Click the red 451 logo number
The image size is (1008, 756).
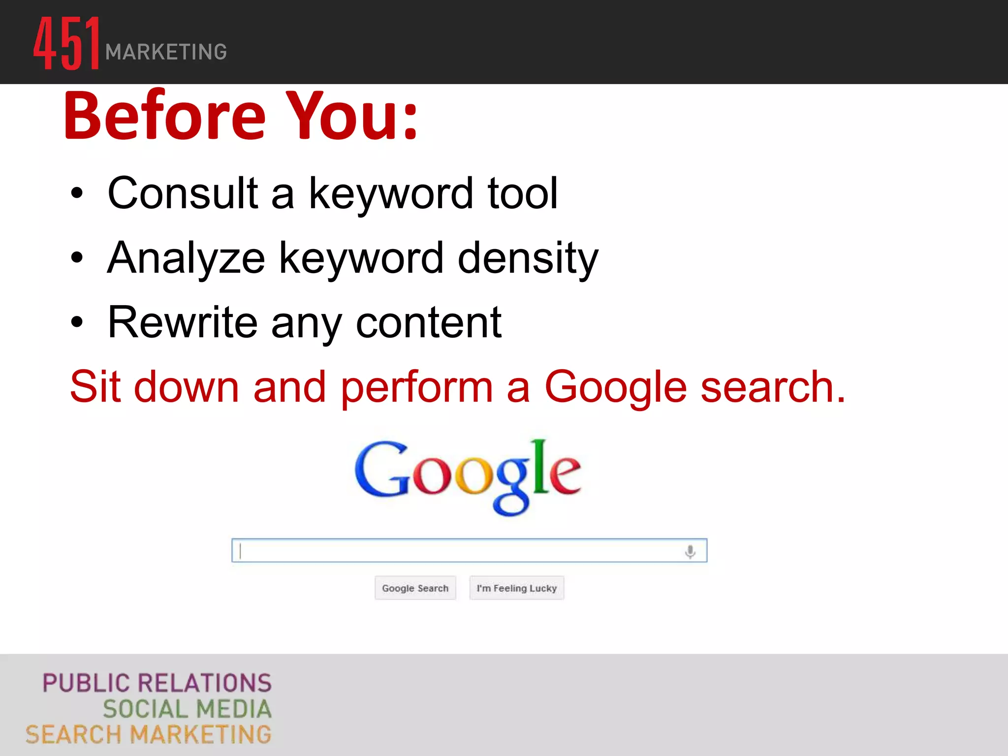pyautogui.click(x=66, y=43)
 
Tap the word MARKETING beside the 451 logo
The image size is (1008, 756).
pyautogui.click(x=166, y=52)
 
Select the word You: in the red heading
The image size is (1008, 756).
pyautogui.click(x=352, y=116)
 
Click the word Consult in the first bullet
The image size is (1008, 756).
pyautogui.click(x=183, y=193)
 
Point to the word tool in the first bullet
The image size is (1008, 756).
pyautogui.click(x=523, y=193)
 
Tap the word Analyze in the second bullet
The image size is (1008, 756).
pyautogui.click(x=186, y=258)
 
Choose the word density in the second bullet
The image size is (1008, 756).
pyautogui.click(x=528, y=258)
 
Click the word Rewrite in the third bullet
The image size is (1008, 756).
pyautogui.click(x=183, y=323)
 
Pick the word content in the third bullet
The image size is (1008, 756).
pyautogui.click(x=428, y=323)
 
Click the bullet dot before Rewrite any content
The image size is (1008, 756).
pyautogui.click(x=77, y=323)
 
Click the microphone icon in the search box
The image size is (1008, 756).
pyautogui.click(x=690, y=551)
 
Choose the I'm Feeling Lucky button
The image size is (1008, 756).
pyautogui.click(x=516, y=588)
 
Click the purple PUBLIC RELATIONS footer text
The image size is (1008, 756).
pyautogui.click(x=157, y=683)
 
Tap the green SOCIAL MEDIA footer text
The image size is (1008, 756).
pyautogui.click(x=187, y=709)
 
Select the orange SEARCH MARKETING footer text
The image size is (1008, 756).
pyautogui.click(x=149, y=735)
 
